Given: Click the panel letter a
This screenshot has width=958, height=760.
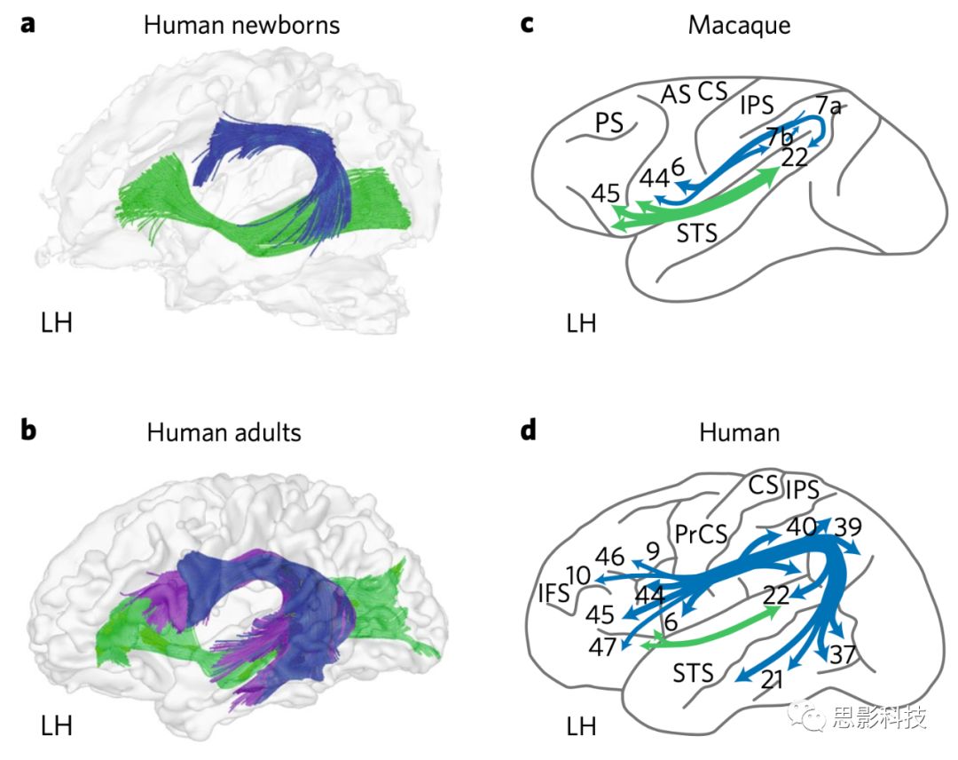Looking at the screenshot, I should click(29, 24).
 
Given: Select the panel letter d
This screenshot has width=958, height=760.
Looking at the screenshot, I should click(529, 431).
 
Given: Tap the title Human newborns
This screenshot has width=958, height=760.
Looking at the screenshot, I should click(241, 24).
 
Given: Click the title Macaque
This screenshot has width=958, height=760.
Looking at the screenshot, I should click(739, 24).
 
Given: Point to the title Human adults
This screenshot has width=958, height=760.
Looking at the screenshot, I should click(224, 432).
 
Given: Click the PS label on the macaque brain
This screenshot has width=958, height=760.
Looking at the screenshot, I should click(609, 124).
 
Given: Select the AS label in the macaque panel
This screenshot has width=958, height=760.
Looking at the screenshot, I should click(675, 93).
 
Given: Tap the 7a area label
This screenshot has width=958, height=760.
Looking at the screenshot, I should click(828, 107).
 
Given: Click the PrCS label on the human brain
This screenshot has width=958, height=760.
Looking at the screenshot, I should click(700, 534).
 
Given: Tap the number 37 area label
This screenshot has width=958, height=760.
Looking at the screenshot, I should click(842, 655).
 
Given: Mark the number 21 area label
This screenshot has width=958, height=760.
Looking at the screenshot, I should click(773, 682).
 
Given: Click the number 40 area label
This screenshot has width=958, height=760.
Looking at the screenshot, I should click(801, 526).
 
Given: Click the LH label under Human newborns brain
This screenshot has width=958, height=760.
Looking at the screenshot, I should click(57, 321).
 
